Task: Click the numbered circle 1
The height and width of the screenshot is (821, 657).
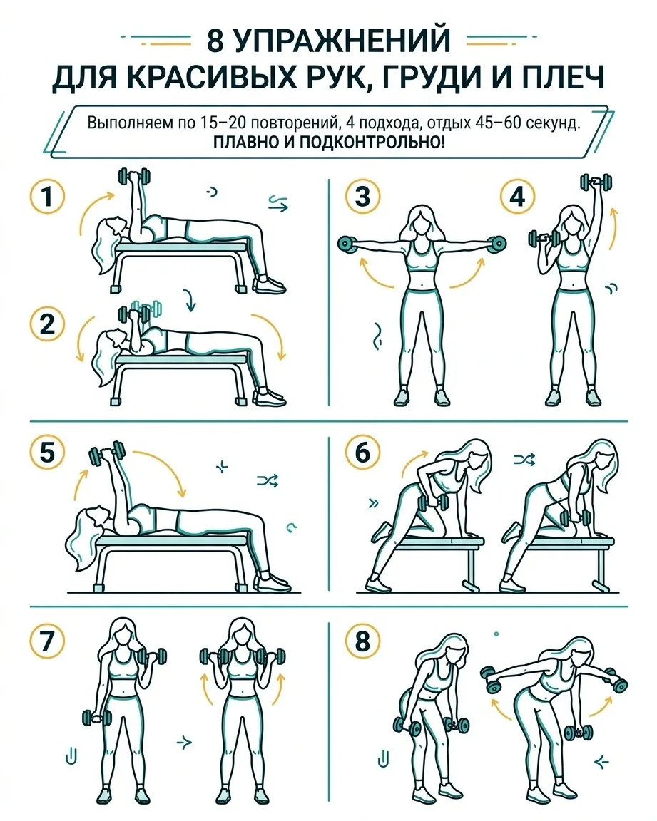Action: click(47, 197)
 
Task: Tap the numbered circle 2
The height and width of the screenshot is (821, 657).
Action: click(47, 324)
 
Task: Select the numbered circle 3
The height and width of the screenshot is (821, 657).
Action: click(362, 197)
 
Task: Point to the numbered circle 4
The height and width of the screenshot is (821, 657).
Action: click(517, 197)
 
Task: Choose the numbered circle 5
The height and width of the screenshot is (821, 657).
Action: click(47, 453)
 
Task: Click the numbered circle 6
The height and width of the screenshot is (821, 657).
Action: click(362, 453)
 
